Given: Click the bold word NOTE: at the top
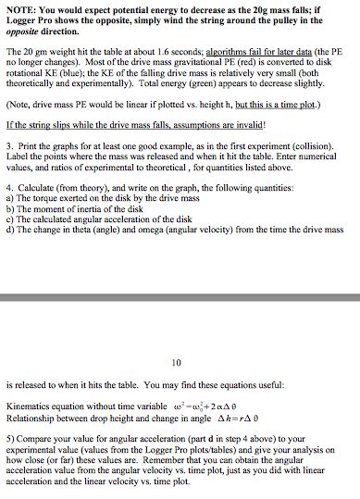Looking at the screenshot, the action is tap(19, 9).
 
